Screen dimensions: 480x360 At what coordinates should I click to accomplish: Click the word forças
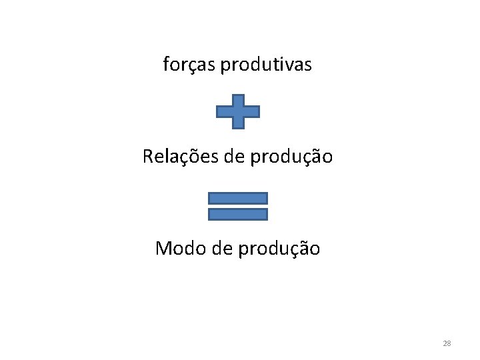pos(189,65)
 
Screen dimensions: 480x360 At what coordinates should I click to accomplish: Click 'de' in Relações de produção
pos(226,157)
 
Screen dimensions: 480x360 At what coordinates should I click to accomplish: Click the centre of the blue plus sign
pos(238,111)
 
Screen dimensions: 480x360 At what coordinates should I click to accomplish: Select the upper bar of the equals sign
pos(238,198)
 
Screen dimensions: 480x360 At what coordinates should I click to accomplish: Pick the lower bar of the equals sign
pos(238,214)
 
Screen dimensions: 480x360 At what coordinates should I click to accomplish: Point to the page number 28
pos(447,343)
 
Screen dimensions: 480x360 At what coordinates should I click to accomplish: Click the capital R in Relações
pos(148,157)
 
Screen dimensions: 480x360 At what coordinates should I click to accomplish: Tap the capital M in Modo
pos(164,249)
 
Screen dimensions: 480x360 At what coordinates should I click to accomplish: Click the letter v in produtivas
pos(290,65)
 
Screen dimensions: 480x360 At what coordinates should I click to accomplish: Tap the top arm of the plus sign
pos(238,100)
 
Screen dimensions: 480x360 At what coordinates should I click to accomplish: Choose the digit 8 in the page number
pos(449,343)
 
